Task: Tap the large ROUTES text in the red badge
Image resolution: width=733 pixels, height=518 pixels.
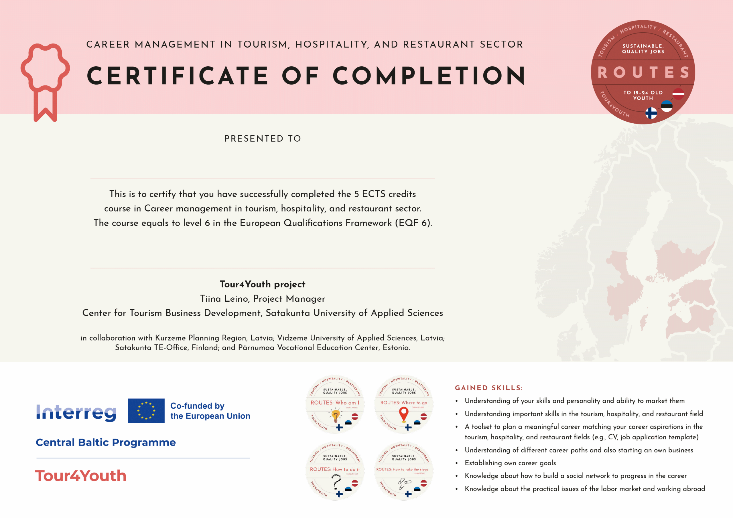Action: (x=643, y=72)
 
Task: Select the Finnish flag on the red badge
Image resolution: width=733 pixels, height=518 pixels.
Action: (x=651, y=113)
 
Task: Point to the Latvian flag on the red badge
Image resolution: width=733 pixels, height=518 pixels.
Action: (x=678, y=94)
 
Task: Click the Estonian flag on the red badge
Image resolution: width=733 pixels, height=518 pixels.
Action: (x=667, y=106)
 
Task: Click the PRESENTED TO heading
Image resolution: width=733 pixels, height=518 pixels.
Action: (x=263, y=139)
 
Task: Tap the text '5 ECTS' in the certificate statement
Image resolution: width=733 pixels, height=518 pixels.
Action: (x=369, y=194)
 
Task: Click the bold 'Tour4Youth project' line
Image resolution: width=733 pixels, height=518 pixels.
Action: (x=263, y=284)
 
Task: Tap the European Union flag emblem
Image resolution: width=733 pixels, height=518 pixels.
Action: (x=146, y=410)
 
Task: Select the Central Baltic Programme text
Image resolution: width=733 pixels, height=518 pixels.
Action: (x=106, y=442)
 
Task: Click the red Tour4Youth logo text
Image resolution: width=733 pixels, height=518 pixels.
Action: (x=81, y=476)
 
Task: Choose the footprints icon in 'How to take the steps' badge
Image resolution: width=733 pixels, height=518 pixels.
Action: (x=403, y=483)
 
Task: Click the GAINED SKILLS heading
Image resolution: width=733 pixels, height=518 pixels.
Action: (x=488, y=388)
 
